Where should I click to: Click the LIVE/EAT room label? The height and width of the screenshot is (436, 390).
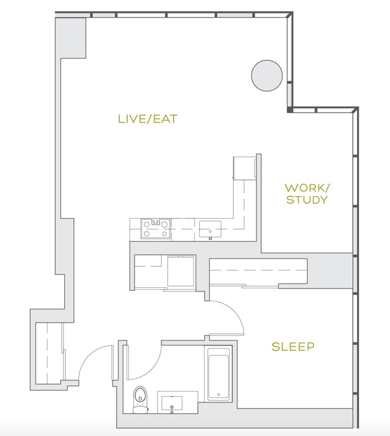click(148, 119)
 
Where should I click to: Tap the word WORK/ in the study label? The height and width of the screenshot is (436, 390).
click(307, 188)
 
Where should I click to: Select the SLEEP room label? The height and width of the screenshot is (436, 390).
click(293, 347)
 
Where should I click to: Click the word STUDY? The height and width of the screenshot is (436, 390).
click(307, 200)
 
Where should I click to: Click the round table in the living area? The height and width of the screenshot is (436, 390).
click(267, 75)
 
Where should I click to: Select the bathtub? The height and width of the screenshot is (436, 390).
click(218, 374)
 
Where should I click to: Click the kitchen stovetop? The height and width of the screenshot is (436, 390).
click(156, 229)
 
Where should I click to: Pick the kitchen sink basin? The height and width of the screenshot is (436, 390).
click(210, 230)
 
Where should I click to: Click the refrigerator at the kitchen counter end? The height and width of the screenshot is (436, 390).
click(245, 168)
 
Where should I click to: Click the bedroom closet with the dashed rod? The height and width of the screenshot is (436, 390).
click(258, 271)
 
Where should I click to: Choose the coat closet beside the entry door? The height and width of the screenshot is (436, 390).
click(49, 353)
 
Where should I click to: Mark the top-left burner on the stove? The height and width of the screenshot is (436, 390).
click(147, 224)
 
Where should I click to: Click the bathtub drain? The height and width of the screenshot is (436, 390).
click(219, 394)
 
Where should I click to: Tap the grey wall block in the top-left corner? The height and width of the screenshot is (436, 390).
click(70, 38)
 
